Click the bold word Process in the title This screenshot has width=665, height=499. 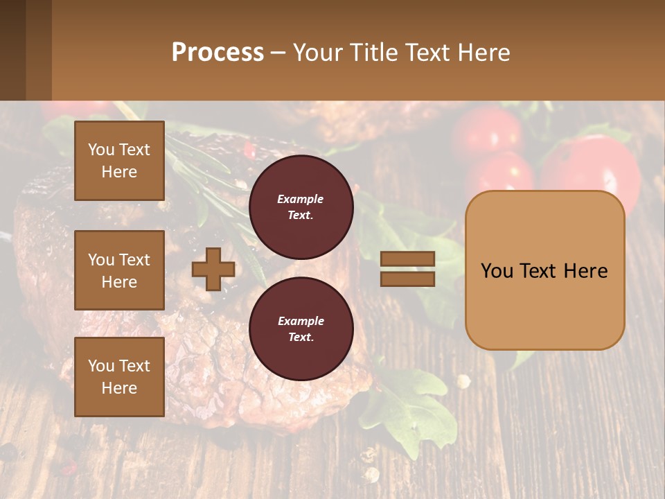pyautogui.click(x=218, y=53)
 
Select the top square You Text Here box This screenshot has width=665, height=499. pyautogui.click(x=119, y=161)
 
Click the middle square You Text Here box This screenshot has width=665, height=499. pyautogui.click(x=119, y=270)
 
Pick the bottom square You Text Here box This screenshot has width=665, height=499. pyautogui.click(x=119, y=377)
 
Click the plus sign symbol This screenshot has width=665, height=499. pyautogui.click(x=213, y=269)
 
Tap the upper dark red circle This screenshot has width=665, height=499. pyautogui.click(x=301, y=207)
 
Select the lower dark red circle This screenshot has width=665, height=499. pyautogui.click(x=301, y=329)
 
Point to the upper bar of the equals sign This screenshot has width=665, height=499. pyautogui.click(x=407, y=259)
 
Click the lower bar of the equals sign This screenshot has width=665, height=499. pyautogui.click(x=407, y=279)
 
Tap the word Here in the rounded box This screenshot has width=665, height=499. pyautogui.click(x=585, y=271)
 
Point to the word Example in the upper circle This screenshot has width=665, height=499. pyautogui.click(x=301, y=199)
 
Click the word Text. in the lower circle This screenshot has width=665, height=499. pyautogui.click(x=301, y=337)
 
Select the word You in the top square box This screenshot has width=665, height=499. pyautogui.click(x=101, y=150)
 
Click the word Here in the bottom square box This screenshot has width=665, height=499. pyautogui.click(x=119, y=388)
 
